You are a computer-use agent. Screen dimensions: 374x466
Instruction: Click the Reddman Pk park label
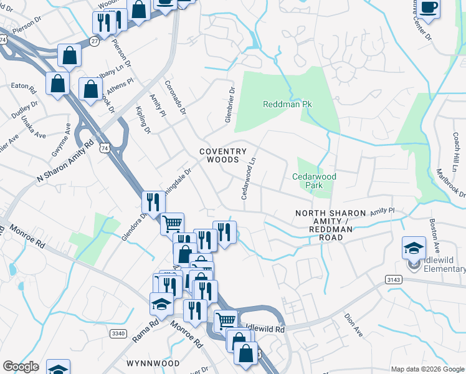pyautogui.click(x=287, y=104)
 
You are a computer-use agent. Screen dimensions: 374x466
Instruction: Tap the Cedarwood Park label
pyautogui.click(x=314, y=181)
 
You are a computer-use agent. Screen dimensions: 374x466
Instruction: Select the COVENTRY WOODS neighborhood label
pyautogui.click(x=223, y=156)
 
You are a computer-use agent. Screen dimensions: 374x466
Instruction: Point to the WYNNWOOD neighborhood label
pyautogui.click(x=149, y=362)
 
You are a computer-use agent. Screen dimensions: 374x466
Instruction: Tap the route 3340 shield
pyautogui.click(x=118, y=333)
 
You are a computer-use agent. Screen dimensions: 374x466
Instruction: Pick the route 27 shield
pyautogui.click(x=93, y=41)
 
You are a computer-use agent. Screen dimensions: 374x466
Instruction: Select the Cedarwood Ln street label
pyautogui.click(x=249, y=179)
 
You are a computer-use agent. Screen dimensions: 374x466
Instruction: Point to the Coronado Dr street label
pyautogui.click(x=176, y=97)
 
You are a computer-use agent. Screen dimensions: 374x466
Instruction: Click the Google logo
pyautogui.click(x=21, y=367)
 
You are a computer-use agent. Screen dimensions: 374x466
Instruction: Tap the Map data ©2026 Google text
pyautogui.click(x=428, y=369)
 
